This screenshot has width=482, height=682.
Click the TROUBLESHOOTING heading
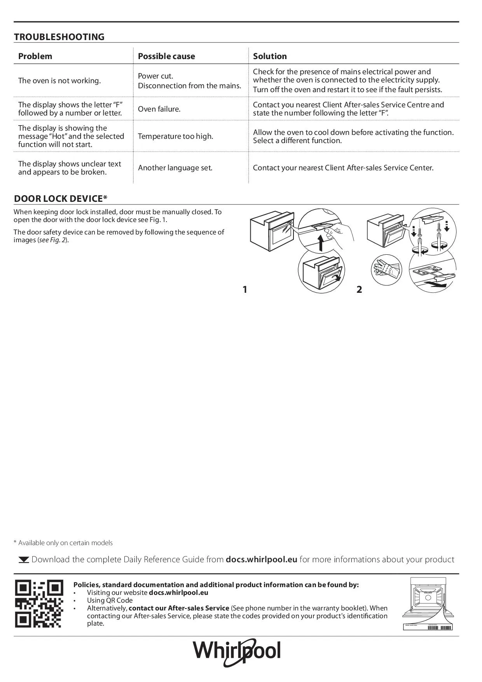59,37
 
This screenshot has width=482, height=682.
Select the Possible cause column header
166,56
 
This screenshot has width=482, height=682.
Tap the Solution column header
270,56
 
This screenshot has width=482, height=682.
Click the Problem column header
35,56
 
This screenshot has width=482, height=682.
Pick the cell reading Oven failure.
159,109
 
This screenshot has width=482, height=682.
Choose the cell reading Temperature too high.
175,136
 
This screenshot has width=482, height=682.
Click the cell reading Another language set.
175,168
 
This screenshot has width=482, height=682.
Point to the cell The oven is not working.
59,81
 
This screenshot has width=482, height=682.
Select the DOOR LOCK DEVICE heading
60,199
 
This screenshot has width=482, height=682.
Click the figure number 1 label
245,290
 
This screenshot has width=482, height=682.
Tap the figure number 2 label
359,290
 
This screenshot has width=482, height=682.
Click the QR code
39,603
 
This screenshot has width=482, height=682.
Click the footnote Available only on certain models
63,543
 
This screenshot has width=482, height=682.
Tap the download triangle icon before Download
24,560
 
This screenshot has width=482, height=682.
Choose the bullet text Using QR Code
110,600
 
